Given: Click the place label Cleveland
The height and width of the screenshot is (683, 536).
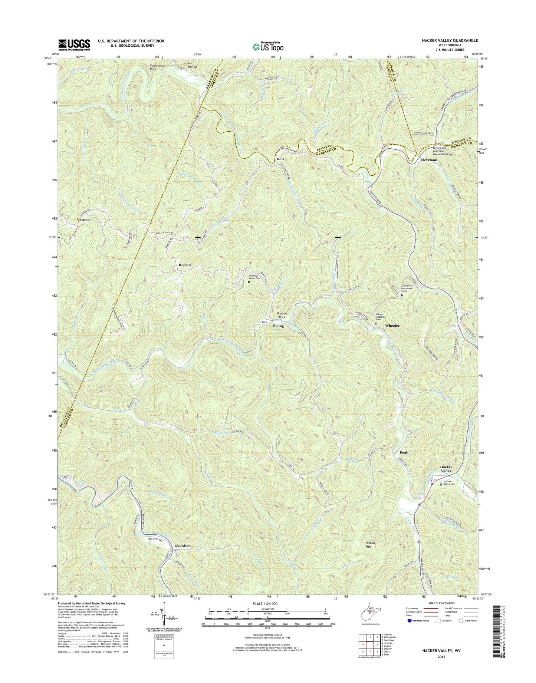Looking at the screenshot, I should pos(428,160).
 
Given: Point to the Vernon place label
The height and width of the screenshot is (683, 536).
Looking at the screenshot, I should pos(83,220).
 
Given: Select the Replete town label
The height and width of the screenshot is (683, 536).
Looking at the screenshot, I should pos(185,265).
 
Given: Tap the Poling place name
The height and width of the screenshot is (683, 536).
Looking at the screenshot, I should pos(278,326).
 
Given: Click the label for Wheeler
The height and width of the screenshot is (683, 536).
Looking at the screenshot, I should pos(392,326).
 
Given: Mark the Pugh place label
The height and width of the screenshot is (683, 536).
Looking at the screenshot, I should pos(404,452).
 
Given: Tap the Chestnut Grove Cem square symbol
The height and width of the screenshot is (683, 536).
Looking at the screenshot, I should pos(249,282).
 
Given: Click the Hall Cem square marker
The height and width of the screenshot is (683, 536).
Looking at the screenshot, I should pos(160,540).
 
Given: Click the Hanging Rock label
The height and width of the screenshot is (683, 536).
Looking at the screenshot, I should pos(283,315).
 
